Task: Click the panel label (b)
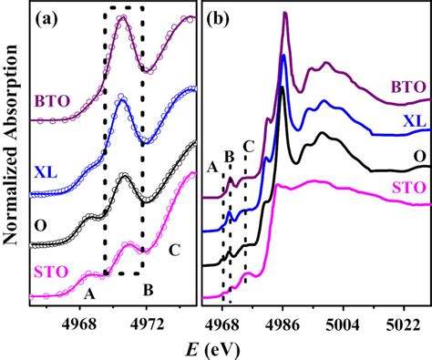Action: click(x=221, y=18)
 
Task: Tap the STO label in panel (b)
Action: click(x=405, y=191)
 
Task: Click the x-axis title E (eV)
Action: click(x=218, y=347)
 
